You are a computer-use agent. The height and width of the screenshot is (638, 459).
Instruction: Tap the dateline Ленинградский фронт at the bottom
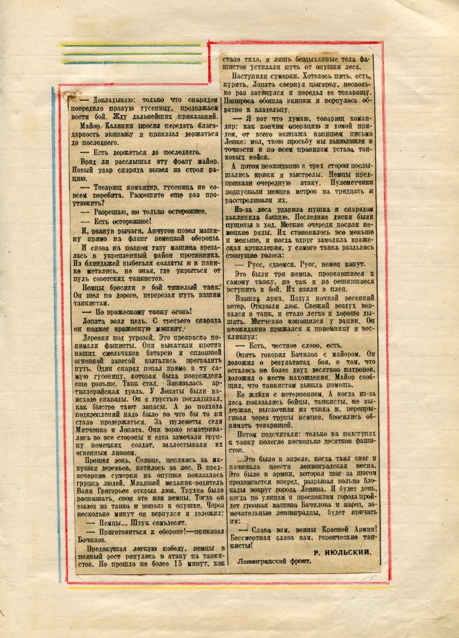[x=274, y=561]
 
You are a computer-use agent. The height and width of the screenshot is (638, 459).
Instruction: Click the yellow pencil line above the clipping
[x=131, y=45]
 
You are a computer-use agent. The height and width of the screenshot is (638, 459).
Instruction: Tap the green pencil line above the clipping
[x=131, y=54]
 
